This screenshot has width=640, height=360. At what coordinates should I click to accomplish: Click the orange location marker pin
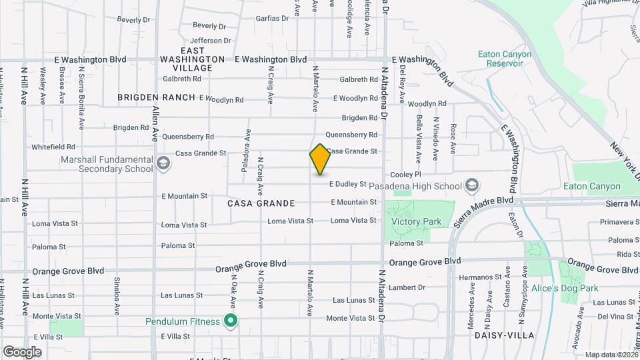click(320, 159)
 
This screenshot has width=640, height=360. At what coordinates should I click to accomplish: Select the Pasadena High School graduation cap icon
click(472, 185)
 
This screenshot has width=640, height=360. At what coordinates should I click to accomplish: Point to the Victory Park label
click(416, 221)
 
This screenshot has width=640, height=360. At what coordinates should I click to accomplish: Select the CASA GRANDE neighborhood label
click(261, 203)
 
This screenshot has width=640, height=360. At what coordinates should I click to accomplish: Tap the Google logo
click(23, 351)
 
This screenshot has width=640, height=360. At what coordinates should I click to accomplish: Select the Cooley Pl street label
click(412, 173)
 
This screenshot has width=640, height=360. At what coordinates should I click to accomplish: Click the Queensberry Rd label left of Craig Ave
click(191, 136)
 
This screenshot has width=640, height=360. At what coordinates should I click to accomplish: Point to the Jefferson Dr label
click(210, 40)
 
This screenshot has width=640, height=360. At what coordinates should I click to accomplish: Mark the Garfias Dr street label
click(272, 18)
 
